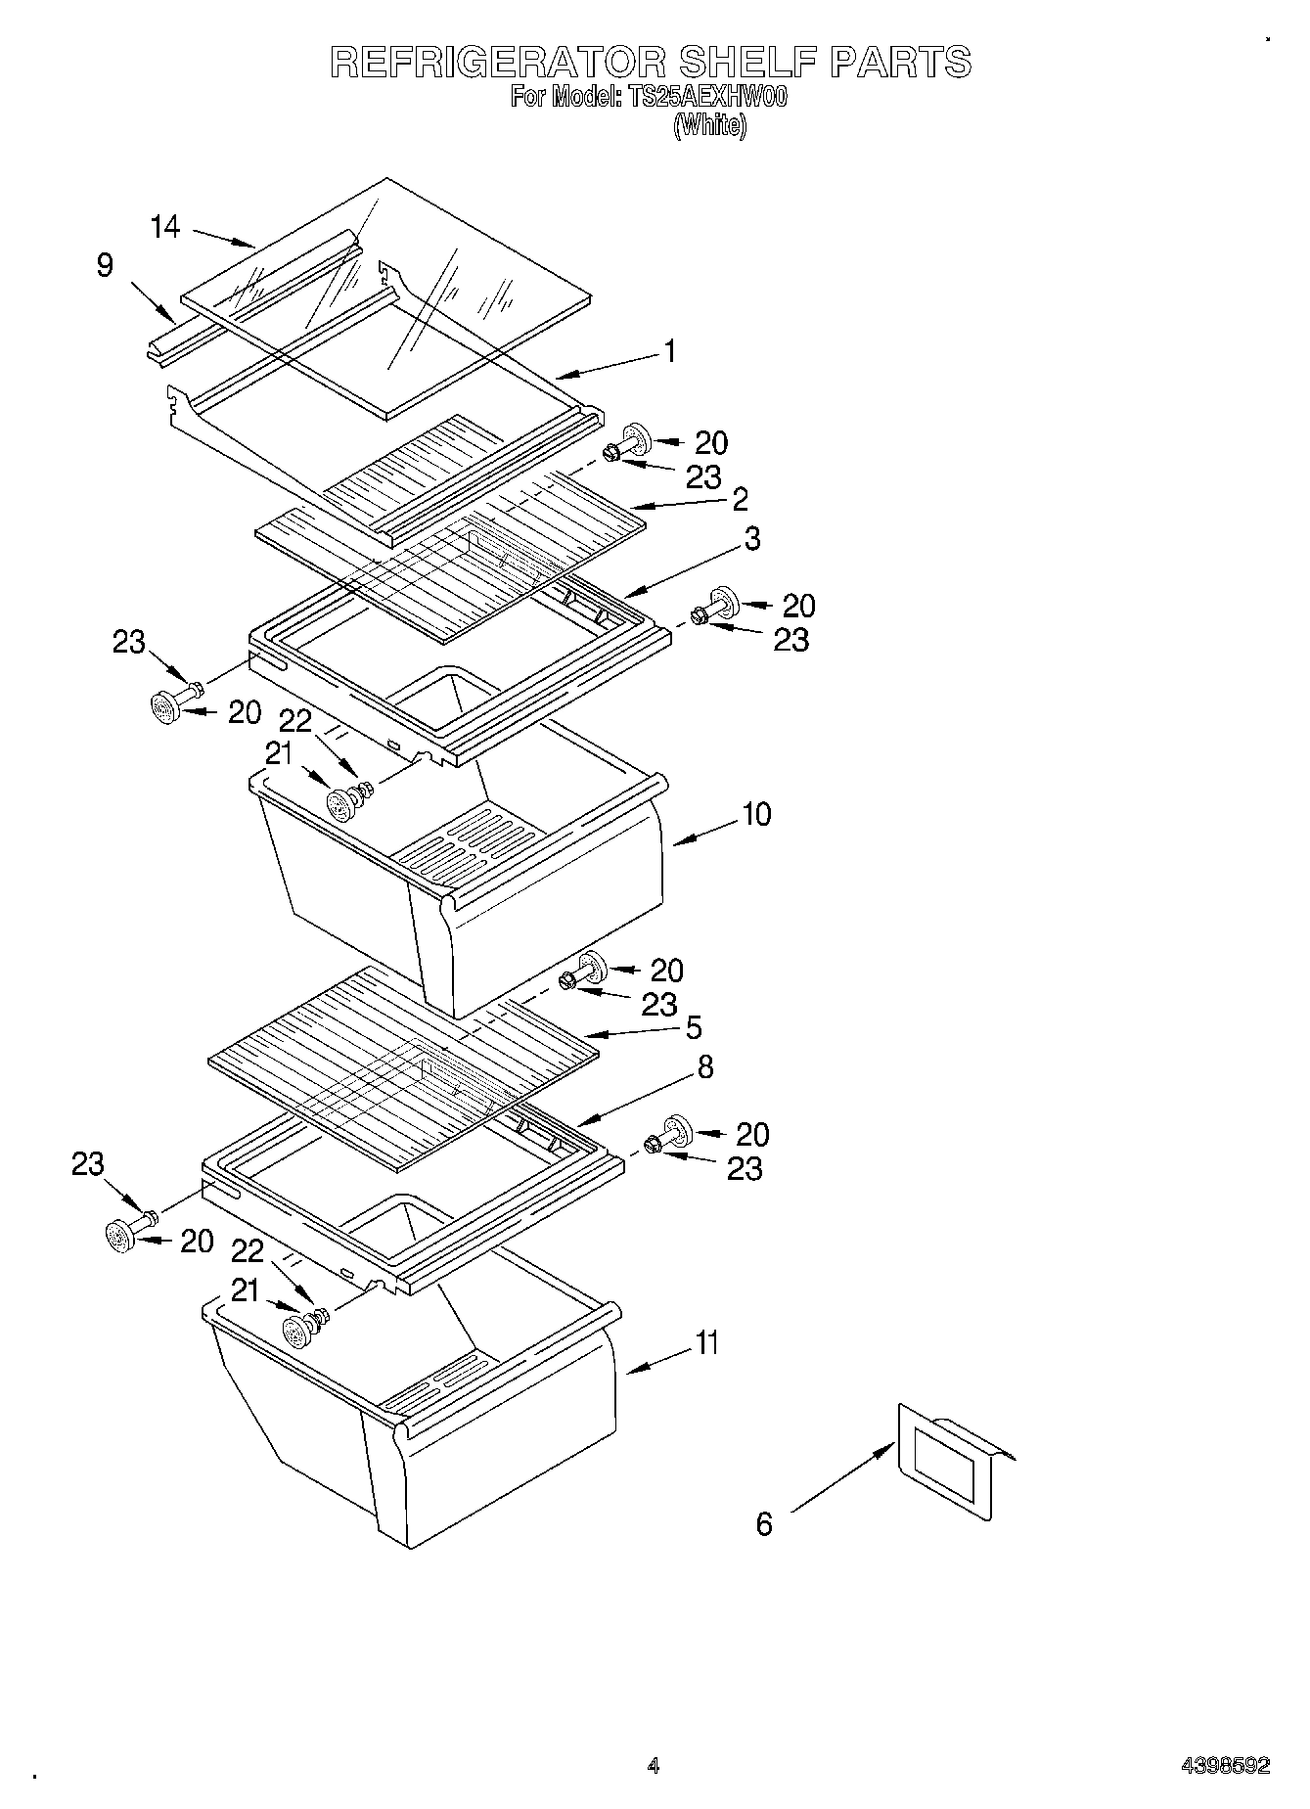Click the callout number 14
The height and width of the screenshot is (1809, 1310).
[165, 227]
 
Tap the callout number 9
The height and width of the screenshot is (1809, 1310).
[105, 265]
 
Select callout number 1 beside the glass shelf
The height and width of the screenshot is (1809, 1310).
[669, 351]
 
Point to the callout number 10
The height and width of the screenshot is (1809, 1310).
[756, 814]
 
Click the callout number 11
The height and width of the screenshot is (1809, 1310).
[706, 1342]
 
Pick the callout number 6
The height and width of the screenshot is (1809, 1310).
[764, 1523]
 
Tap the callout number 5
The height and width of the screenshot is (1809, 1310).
[693, 1027]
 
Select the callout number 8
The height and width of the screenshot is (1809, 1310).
[704, 1067]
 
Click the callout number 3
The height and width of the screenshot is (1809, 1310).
[751, 538]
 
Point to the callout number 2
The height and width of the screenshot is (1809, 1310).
[740, 499]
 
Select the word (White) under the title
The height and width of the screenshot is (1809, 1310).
[709, 125]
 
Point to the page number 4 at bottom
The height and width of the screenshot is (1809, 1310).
[653, 1766]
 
